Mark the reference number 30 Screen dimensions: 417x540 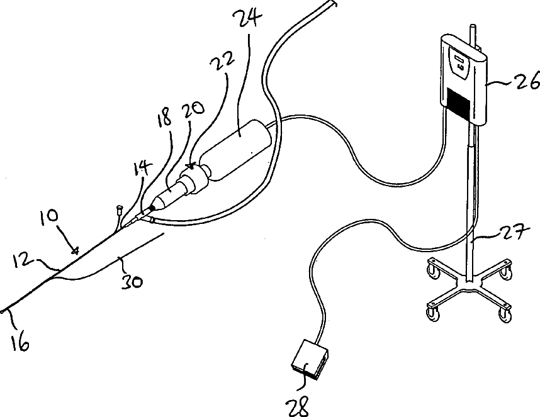(x=131, y=281)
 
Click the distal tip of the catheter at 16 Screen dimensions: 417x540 (x=5, y=311)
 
